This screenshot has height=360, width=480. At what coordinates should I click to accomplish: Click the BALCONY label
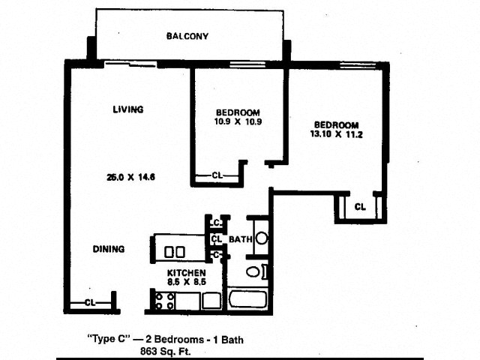pyautogui.click(x=187, y=36)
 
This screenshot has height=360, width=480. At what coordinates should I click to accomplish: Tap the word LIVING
pyautogui.click(x=128, y=109)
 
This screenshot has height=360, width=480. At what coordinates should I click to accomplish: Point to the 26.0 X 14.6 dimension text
pyautogui.click(x=130, y=177)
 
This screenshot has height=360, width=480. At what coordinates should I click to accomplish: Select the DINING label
pyautogui.click(x=109, y=249)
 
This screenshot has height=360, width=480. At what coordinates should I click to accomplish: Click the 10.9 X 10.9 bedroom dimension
pyautogui.click(x=238, y=121)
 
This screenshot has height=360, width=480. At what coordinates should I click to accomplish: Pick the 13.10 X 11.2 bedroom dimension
pyautogui.click(x=336, y=134)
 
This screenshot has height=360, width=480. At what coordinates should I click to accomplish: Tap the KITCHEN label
pyautogui.click(x=186, y=272)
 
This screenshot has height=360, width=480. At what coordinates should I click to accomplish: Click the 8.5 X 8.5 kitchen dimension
pyautogui.click(x=187, y=282)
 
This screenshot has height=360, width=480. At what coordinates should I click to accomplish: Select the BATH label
pyautogui.click(x=241, y=239)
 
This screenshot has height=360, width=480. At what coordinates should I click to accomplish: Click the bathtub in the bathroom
pyautogui.click(x=247, y=300)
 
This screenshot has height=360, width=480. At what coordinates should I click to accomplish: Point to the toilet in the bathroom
pyautogui.click(x=256, y=271)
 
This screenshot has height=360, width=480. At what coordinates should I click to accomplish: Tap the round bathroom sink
pyautogui.click(x=262, y=238)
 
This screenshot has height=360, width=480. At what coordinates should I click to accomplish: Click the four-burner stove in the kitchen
pyautogui.click(x=165, y=301)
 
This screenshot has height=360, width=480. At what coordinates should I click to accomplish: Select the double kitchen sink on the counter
pyautogui.click(x=175, y=252)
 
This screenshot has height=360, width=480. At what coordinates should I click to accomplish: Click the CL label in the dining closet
pyautogui.click(x=90, y=303)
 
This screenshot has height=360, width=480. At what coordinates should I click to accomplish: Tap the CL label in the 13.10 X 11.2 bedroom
pyautogui.click(x=360, y=207)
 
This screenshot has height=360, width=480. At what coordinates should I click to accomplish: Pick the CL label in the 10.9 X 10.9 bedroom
pyautogui.click(x=217, y=175)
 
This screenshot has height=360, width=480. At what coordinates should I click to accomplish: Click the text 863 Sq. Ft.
pyautogui.click(x=165, y=351)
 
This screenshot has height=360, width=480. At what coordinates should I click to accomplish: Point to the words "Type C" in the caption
pyautogui.click(x=109, y=339)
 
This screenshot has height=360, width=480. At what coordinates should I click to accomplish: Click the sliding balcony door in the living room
pyautogui.click(x=130, y=64)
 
